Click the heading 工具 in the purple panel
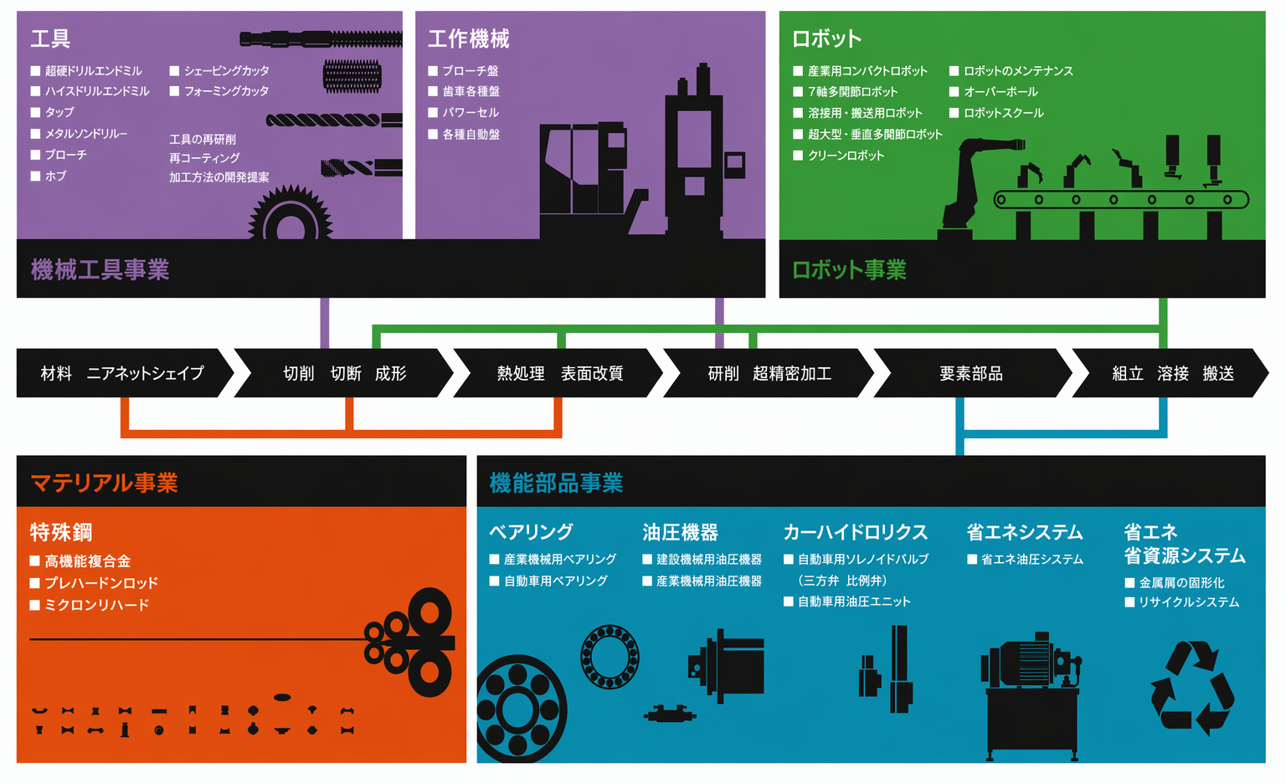coord(50,39)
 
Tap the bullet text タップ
coord(59,112)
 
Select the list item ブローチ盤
coord(471,71)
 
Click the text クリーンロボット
coord(846,156)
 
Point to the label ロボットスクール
coord(1003,113)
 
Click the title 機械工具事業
coord(100,269)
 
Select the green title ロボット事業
coord(849,269)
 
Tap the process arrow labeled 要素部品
coord(971,373)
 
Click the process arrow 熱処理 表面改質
coord(560,373)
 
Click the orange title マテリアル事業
coord(104,483)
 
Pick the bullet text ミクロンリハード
coord(96,605)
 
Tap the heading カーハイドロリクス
coord(856,532)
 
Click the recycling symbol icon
coord(1192,688)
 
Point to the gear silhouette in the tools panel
coord(291,213)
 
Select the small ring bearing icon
coord(610,657)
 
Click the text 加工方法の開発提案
coord(219,177)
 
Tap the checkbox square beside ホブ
coord(36,177)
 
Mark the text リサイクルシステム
coord(1189,602)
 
